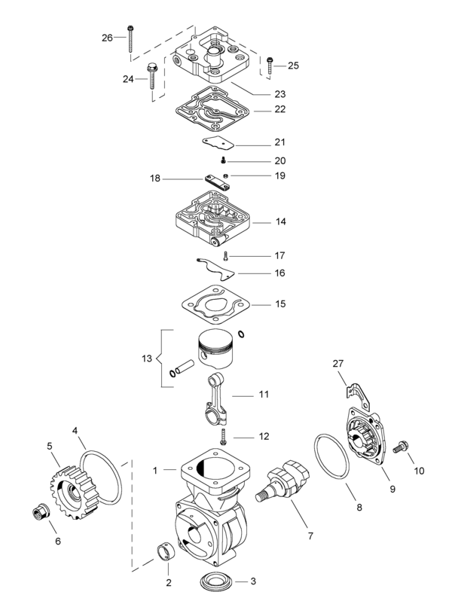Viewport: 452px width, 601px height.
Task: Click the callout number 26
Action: [x=106, y=38]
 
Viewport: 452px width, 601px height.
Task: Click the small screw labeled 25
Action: [x=270, y=66]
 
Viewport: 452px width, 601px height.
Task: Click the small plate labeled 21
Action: [x=218, y=142]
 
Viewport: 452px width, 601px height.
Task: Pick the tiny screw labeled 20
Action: [x=224, y=161]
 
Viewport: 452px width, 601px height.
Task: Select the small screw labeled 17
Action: [x=225, y=256]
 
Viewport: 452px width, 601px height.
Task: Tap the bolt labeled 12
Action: [x=223, y=435]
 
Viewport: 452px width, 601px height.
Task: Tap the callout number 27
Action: [x=338, y=365]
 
